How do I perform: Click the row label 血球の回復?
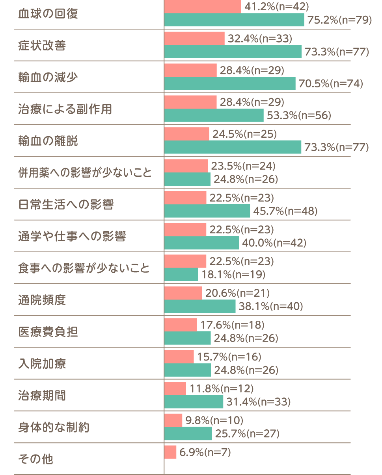pyautogui.click(x=48, y=14)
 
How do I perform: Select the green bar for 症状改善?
pyautogui.click(x=233, y=52)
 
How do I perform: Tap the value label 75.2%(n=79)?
pyautogui.click(x=339, y=20)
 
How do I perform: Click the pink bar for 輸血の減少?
pyautogui.click(x=190, y=70)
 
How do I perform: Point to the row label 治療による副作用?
pyautogui.click(x=65, y=109)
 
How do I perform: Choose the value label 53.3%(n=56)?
pyautogui.click(x=299, y=115)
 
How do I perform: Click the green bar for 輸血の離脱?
pyautogui.click(x=233, y=147)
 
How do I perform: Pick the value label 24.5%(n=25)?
pyautogui.click(x=245, y=134)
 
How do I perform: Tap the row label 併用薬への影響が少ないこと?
pyautogui.click(x=85, y=173)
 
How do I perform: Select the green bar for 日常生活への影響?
pyautogui.click(x=207, y=211)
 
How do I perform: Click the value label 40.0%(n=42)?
pyautogui.click(x=274, y=243)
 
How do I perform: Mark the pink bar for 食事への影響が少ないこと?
pyautogui.click(x=185, y=261)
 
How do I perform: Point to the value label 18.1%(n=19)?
pyautogui.click(x=233, y=275)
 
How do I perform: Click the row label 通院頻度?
pyautogui.click(x=42, y=300)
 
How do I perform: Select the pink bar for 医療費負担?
pyautogui.click(x=181, y=325)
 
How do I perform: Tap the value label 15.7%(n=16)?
pyautogui.click(x=229, y=357)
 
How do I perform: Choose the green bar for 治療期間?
pyautogui.click(x=194, y=402)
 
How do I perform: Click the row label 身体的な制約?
pyautogui.click(x=54, y=427)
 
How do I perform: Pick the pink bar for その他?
pyautogui.click(x=170, y=452)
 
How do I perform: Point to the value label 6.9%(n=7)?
pyautogui.click(x=205, y=452)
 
